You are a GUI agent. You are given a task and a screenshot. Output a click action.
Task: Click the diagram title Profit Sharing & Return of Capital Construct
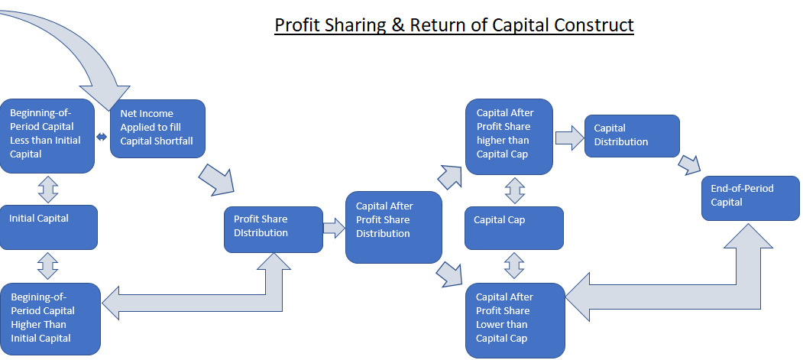click(x=454, y=24)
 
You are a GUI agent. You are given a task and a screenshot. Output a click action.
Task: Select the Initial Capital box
click(x=48, y=226)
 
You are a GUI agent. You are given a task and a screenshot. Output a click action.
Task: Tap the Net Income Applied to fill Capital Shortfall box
click(x=157, y=128)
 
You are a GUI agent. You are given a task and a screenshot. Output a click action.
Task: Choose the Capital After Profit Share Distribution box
click(x=393, y=227)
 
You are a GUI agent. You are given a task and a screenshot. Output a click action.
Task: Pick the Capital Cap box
click(x=513, y=227)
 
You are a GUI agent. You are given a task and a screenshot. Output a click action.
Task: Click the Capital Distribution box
click(x=632, y=136)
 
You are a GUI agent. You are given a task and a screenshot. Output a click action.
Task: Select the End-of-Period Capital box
click(x=750, y=198)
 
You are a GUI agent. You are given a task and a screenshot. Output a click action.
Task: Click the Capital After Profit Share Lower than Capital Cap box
click(x=514, y=319)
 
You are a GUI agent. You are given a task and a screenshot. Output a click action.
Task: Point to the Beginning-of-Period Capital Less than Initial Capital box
click(x=47, y=135)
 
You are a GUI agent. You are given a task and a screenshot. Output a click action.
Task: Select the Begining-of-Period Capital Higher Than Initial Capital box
click(x=50, y=319)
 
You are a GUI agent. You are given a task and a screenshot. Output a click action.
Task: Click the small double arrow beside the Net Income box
click(x=102, y=137)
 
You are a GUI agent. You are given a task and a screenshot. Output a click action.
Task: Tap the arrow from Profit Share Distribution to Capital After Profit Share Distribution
click(x=334, y=229)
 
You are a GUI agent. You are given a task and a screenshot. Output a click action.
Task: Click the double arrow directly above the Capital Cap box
click(x=514, y=191)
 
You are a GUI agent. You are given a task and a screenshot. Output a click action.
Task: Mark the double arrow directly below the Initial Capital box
click(x=48, y=266)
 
